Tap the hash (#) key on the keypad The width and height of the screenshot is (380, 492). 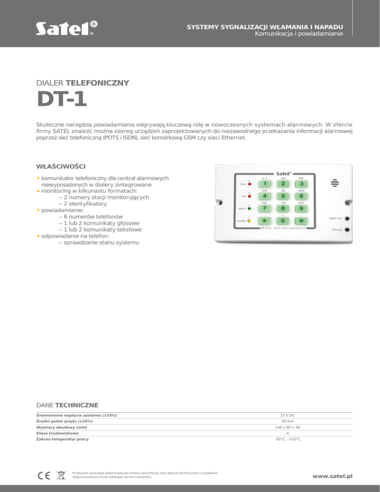pyautogui.click(x=301, y=220)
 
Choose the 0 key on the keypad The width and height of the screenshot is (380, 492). pyautogui.click(x=283, y=220)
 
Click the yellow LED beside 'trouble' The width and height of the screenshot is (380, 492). pyautogui.click(x=249, y=221)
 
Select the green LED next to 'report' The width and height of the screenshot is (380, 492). pyautogui.click(x=249, y=208)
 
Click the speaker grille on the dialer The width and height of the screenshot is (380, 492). pyautogui.click(x=335, y=183)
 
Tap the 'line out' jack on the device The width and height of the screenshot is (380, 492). pyautogui.click(x=348, y=230)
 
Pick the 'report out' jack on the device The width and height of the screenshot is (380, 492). pyautogui.click(x=348, y=218)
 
